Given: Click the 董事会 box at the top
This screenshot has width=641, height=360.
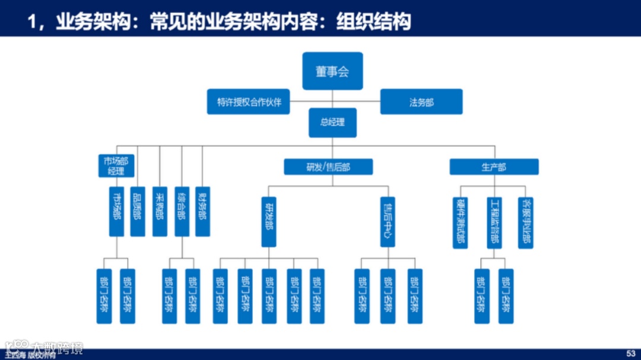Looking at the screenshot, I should pos(332,71).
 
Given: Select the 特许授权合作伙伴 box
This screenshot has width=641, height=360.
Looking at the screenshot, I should pos(249,102).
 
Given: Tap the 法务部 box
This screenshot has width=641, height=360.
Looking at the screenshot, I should pos(421,102).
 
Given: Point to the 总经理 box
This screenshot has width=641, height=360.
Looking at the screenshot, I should pos(332,123).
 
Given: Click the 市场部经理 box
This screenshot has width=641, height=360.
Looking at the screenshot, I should pos(116,166).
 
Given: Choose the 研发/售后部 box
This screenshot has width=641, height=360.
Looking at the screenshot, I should pos(328,167).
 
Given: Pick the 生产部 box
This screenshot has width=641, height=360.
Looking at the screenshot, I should pos(494,167).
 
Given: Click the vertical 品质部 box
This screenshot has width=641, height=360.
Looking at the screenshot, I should pos(138,212).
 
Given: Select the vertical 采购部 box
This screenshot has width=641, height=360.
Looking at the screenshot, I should pos(160,212).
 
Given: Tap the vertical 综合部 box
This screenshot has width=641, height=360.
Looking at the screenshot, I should pos(182,212).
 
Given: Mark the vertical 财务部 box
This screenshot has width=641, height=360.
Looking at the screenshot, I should pos(203,212).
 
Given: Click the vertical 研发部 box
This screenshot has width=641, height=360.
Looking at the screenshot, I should pos(268,222).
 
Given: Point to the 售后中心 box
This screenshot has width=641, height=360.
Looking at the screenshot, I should pos(387,222).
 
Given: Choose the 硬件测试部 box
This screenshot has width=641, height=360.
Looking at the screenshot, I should pos(460,222).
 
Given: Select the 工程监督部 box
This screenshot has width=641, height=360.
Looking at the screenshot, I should pos(494,222).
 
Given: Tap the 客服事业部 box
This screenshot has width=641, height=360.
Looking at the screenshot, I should pos(526,222).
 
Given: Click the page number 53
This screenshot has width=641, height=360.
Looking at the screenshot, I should pos(630,353).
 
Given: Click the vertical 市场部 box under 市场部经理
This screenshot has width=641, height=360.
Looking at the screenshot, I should pos(116,212).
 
